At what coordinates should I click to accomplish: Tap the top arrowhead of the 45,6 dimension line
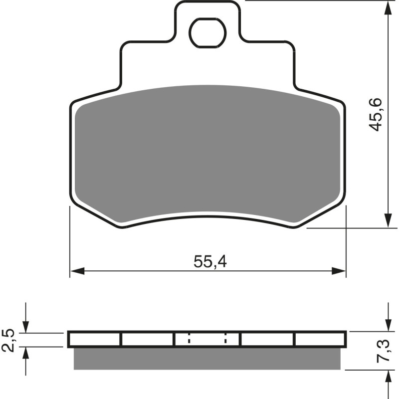pyautogui.click(x=388, y=8)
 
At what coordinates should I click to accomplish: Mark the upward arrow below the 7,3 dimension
pyautogui.click(x=388, y=377)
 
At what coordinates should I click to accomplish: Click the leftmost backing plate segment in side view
pyautogui.click(x=95, y=340)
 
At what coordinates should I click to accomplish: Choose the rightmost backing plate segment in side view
pyautogui.click(x=320, y=340)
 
